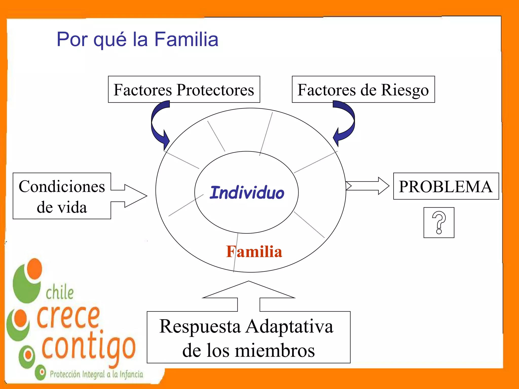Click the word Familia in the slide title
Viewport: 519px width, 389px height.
coord(186,40)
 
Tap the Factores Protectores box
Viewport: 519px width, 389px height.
coord(184,89)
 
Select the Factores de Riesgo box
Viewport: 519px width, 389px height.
coord(363,89)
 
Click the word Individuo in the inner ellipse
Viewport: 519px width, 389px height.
coord(247,193)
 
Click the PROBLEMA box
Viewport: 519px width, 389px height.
coord(446,186)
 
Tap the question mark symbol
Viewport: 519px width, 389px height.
coord(439,222)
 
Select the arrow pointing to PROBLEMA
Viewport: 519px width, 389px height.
coord(367,186)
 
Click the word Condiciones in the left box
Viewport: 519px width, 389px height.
coord(62,187)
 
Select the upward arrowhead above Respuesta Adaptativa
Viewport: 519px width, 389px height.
coord(249,290)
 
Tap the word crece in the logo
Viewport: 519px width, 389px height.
coord(68,317)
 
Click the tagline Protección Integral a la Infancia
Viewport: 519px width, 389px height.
coord(96,374)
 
